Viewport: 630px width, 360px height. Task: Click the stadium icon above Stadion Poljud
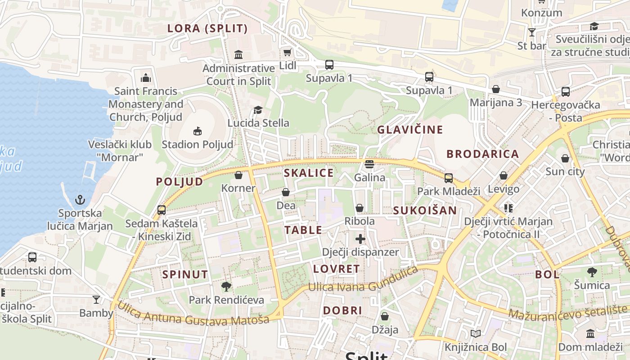pos(197,131)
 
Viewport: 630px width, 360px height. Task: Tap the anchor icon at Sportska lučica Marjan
pos(80,199)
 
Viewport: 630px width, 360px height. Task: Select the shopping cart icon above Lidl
pos(287,53)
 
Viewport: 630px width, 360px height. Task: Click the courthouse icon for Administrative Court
pos(238,55)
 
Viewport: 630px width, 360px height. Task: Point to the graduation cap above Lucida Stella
pos(258,110)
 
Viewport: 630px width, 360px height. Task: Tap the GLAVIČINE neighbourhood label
pos(410,130)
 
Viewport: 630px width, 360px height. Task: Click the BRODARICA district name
pos(482,154)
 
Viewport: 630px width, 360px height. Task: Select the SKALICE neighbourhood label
pos(309,173)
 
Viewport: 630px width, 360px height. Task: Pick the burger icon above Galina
pos(369,164)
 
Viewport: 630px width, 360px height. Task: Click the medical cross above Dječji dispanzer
pos(360,239)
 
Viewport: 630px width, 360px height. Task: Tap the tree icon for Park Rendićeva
pos(226,286)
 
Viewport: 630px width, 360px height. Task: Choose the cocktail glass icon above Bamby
pos(96,300)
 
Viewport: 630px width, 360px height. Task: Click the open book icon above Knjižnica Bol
pos(476,334)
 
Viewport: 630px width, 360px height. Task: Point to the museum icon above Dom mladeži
pos(590,334)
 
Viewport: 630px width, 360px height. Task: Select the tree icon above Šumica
pos(592,272)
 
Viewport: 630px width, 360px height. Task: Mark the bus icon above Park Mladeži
pos(449,178)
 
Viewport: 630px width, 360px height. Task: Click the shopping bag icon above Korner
pos(238,175)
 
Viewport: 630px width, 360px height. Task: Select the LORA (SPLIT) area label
pos(207,29)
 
